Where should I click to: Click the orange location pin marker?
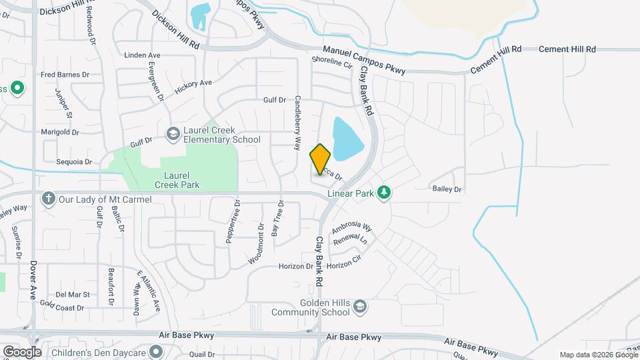tap(321, 159)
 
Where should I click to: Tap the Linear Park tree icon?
tap(383, 193)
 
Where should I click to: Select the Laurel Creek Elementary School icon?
tap(173, 134)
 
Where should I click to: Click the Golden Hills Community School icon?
tap(360, 307)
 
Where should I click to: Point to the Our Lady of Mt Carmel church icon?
tap(48, 199)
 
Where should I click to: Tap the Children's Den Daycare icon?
tap(156, 351)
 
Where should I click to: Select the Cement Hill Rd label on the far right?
tap(567, 49)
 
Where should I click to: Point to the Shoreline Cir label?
tap(331, 62)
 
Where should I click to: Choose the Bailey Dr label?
tap(447, 190)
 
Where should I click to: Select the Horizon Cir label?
tap(344, 263)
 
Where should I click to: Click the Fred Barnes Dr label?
tap(65, 75)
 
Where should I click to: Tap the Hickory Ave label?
tap(193, 87)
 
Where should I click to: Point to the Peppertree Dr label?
tap(233, 221)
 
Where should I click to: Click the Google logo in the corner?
tap(22, 351)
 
